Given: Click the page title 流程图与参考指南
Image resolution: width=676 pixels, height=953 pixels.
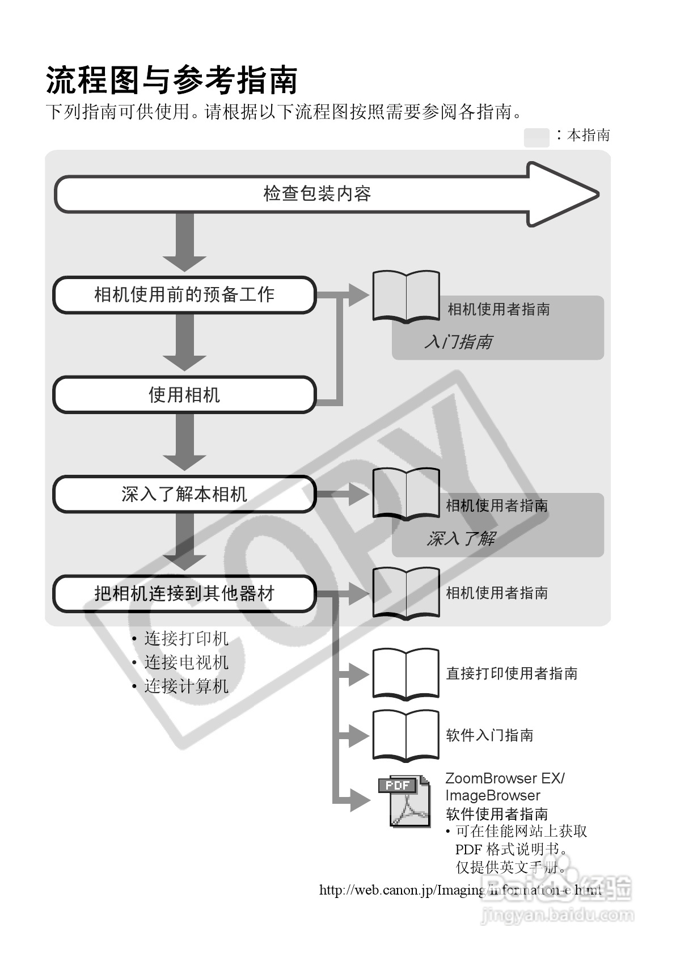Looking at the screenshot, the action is click(x=172, y=80).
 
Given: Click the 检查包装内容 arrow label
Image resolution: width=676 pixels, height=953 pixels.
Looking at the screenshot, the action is click(x=317, y=194).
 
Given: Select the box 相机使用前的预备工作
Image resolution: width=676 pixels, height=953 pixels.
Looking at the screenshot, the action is click(x=184, y=294).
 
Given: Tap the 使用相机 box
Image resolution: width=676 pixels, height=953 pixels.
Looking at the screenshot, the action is click(x=184, y=394).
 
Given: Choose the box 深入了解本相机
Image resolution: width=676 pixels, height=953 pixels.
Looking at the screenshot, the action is click(x=184, y=494).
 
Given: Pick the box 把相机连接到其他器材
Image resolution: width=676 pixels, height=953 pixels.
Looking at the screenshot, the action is click(x=184, y=593).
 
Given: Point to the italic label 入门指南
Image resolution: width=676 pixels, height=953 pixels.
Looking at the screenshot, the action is click(x=458, y=341).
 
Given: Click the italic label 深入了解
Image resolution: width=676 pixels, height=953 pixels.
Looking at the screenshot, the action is click(x=460, y=538).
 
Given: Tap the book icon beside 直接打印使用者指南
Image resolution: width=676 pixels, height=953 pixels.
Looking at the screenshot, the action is click(x=405, y=673).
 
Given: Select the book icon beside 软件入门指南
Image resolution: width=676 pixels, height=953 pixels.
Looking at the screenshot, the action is click(x=405, y=735).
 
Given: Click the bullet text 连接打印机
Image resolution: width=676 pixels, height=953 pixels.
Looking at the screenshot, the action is click(x=186, y=639).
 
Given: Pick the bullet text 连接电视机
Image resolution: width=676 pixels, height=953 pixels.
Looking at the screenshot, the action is click(x=186, y=663).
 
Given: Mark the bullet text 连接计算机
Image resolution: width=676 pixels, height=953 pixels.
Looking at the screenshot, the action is click(x=186, y=686).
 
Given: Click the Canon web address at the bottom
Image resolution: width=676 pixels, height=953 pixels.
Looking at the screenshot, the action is click(x=460, y=889).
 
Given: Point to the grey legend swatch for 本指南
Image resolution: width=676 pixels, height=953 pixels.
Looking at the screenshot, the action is click(x=536, y=137).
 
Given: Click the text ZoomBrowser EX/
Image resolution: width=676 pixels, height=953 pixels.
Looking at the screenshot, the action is click(x=505, y=778).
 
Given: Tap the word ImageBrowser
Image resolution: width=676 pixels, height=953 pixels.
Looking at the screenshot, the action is click(x=492, y=795).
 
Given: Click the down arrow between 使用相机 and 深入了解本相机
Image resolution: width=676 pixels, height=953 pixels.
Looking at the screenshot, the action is click(x=184, y=442).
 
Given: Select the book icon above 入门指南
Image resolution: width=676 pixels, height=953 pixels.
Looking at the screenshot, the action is click(x=405, y=297).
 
